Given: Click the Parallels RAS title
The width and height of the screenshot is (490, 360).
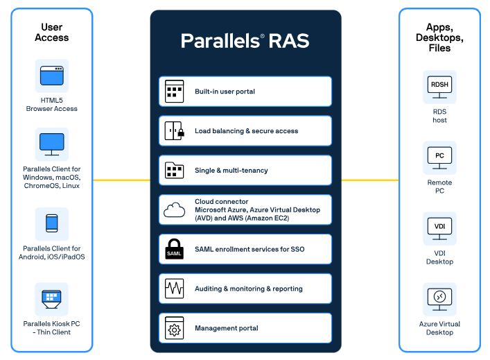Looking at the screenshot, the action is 245,41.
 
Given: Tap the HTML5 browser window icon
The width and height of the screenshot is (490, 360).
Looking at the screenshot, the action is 52,76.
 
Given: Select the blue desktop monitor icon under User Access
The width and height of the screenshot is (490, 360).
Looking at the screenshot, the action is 52,144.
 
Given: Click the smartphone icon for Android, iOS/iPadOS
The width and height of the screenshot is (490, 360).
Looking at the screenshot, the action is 52,223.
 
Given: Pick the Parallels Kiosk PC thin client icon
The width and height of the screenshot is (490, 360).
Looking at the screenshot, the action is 51,299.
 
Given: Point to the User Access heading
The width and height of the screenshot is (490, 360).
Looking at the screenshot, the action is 52,32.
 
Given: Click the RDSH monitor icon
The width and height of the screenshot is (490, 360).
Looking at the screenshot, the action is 439,87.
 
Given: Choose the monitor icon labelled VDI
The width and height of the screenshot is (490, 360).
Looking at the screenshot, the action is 439,229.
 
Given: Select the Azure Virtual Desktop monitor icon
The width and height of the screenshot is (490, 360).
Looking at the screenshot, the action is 439,300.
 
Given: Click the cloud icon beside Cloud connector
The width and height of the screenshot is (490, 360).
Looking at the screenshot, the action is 175,210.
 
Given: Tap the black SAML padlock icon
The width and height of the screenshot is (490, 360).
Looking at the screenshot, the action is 174,249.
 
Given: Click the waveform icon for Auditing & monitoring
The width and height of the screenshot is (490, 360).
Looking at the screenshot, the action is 175,289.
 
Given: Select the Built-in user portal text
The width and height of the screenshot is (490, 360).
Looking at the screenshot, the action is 225,92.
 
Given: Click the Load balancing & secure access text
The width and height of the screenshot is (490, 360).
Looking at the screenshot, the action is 246,130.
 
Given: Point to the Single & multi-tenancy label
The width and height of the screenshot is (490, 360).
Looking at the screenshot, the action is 231,171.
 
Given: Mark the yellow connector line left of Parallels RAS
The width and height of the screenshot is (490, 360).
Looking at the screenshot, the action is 121,180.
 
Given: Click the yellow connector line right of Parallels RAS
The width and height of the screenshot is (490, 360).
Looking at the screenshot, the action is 370,180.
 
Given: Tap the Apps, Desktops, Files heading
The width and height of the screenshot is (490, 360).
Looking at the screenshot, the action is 439,37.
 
